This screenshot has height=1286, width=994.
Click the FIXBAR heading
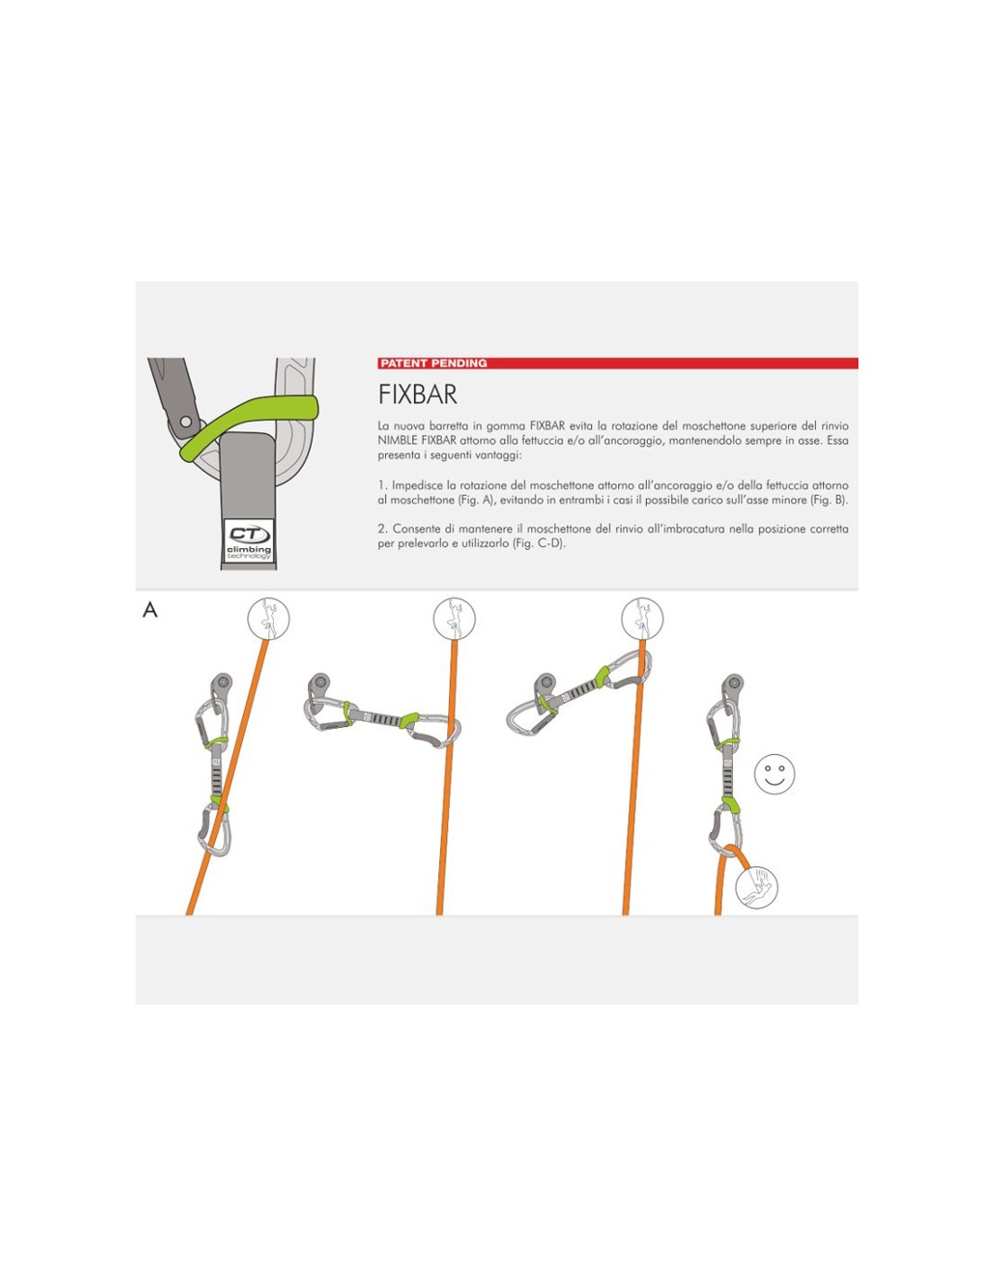click(417, 394)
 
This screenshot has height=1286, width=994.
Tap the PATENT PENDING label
click(434, 364)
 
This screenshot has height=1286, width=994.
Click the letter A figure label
click(150, 610)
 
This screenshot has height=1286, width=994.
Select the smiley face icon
click(774, 773)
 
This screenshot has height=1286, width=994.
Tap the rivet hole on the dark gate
click(185, 421)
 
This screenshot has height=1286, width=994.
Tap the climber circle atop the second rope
click(454, 619)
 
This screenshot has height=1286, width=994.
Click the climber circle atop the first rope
click(268, 619)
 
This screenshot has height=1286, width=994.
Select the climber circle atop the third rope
click(642, 619)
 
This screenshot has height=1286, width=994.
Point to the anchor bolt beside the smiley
click(733, 684)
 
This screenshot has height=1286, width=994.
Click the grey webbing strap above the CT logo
click(248, 475)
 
